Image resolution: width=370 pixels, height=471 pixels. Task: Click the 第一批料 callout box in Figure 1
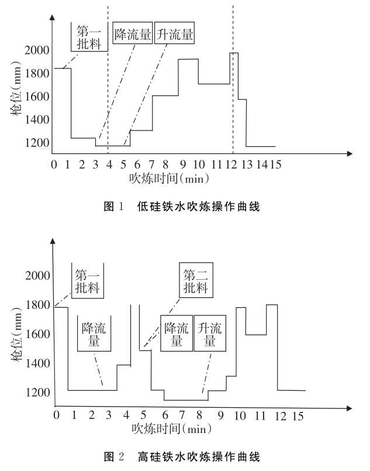point(89,36)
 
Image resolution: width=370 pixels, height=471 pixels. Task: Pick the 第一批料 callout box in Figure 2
point(89,281)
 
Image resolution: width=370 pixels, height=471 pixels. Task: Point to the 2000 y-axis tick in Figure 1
point(37,50)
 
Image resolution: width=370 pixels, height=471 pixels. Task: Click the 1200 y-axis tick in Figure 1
point(37,143)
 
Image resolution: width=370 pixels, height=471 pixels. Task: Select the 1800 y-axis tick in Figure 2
point(37,304)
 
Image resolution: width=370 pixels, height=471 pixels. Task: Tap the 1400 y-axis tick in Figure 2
point(37,363)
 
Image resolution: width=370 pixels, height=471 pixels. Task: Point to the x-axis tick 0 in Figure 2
point(56,415)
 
